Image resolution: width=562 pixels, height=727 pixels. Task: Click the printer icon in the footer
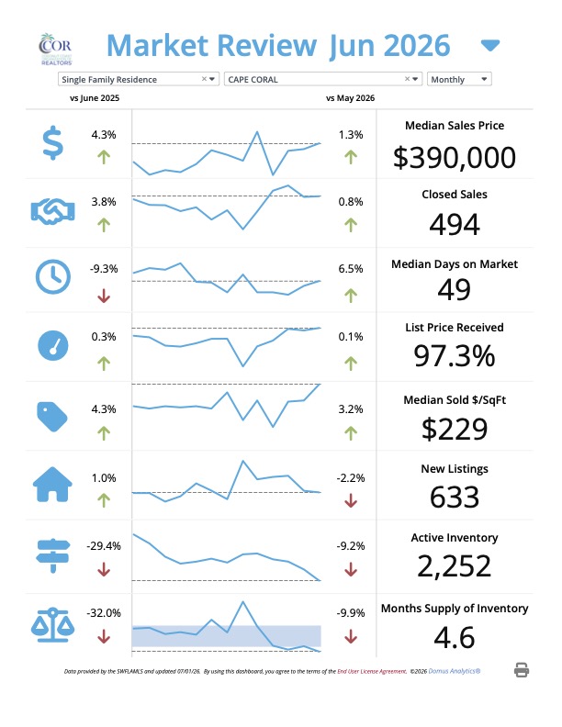tap(522, 670)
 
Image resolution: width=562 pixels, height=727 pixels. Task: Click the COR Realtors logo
tap(55, 50)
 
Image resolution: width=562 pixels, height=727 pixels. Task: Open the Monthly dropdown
tap(459, 79)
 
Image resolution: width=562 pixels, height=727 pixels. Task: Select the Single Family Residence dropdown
tap(138, 79)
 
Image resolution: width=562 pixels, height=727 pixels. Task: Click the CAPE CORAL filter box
tap(322, 79)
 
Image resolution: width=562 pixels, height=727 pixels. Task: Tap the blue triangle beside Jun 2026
tap(490, 46)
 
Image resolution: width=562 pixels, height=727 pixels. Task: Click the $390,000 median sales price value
tap(455, 157)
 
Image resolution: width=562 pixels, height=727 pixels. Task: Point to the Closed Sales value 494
tap(455, 224)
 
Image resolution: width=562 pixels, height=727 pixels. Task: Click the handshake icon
tap(53, 211)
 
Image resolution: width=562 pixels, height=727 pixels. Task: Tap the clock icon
tap(53, 276)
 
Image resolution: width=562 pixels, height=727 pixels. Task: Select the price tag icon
tap(52, 417)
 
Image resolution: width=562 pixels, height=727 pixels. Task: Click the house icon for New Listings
tap(52, 484)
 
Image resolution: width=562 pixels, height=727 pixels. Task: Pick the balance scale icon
tap(53, 625)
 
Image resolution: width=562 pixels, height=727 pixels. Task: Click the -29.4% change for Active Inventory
tap(104, 546)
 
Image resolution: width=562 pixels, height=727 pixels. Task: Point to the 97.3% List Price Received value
tap(455, 356)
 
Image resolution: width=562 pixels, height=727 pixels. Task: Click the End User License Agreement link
tap(372, 671)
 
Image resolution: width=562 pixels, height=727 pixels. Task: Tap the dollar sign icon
tap(53, 143)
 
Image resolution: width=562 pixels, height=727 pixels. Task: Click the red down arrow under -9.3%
tap(104, 296)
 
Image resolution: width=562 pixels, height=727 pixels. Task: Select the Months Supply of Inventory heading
tap(455, 609)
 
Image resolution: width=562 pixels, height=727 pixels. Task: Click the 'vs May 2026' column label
tap(350, 98)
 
